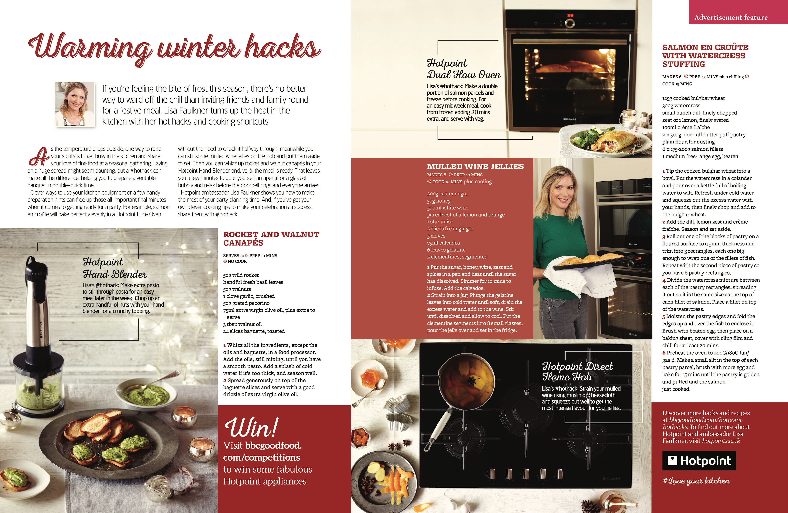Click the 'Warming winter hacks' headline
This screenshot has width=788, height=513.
174,48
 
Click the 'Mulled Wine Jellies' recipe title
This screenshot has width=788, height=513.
475,167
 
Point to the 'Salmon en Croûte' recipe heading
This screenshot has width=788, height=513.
705,56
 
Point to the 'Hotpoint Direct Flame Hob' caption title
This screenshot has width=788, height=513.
577,371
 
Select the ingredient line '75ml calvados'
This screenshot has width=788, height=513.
443,243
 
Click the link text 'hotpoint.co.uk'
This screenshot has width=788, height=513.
721,441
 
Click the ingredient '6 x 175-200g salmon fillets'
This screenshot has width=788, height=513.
692,149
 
